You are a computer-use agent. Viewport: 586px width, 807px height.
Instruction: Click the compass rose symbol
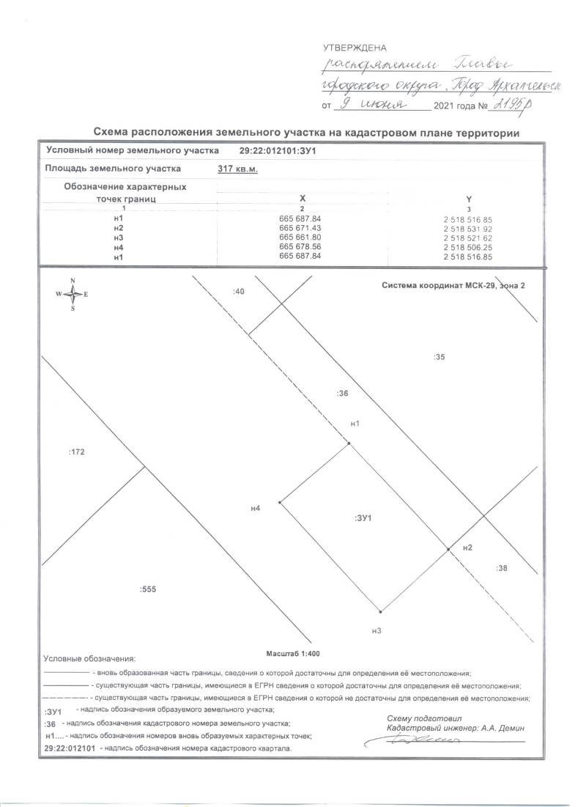[x=73, y=294]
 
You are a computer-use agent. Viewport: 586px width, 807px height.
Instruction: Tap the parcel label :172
[x=77, y=452]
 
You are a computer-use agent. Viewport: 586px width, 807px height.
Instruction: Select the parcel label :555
[x=148, y=589]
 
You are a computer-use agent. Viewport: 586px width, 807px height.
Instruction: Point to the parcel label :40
[x=237, y=292]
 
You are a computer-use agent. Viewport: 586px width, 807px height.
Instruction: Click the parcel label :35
[x=439, y=357]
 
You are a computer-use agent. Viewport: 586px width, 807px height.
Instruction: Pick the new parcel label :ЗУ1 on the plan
[x=364, y=519]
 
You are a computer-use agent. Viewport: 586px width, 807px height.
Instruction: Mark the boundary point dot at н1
[x=349, y=443]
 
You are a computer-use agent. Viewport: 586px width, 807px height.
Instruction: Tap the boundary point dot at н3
[x=380, y=611]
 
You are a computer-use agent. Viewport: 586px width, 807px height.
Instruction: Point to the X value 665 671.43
[x=300, y=229]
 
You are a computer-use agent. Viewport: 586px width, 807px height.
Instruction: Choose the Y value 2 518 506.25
[x=467, y=248]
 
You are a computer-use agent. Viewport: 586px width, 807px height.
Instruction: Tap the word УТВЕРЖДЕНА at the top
[x=355, y=48]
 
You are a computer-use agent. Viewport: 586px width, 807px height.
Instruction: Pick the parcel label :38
[x=502, y=568]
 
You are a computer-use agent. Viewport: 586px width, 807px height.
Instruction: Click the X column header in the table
[x=302, y=199]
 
